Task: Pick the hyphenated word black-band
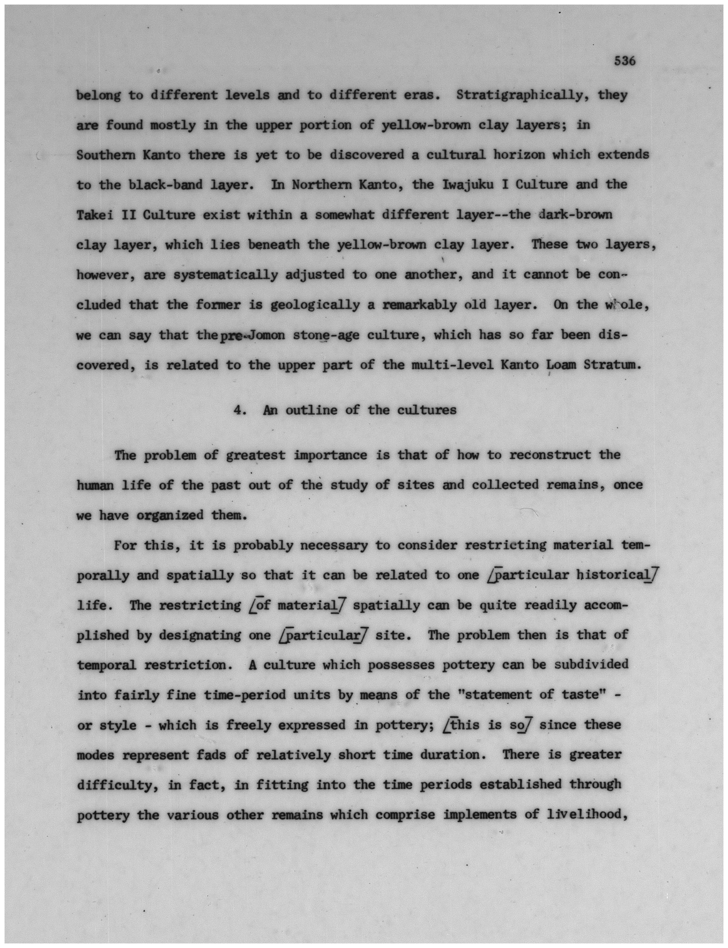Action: [x=165, y=185]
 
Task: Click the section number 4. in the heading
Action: [x=240, y=410]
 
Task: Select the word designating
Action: [x=200, y=635]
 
